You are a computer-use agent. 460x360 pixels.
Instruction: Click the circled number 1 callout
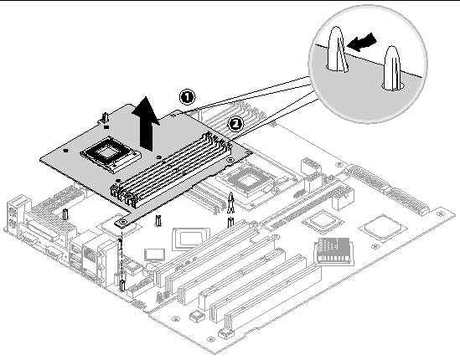187,97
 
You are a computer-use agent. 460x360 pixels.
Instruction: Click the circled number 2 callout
235,124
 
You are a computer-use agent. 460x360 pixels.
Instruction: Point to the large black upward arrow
146,123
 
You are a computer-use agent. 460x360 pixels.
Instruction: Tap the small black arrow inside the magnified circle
361,42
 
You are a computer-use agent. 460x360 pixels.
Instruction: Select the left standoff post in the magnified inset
338,49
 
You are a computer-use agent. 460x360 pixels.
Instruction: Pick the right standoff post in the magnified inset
392,68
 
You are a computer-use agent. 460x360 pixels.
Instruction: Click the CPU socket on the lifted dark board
110,154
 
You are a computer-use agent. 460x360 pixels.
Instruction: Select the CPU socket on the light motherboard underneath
248,180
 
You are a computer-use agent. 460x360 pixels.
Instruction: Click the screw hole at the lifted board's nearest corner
123,222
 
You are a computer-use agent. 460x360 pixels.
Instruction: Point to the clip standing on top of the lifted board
105,118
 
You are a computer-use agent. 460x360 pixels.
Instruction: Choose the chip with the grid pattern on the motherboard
333,250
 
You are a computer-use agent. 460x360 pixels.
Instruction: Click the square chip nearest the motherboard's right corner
382,228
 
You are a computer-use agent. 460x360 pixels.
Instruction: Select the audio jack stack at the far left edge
13,213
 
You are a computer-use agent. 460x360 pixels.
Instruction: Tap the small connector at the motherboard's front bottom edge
226,333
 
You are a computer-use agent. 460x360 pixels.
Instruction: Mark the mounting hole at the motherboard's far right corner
440,213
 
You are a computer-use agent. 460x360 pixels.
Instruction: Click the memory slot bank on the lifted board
170,170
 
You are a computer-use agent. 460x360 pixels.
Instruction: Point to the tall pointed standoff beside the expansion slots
231,203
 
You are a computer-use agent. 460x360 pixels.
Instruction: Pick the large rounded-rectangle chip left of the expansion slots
191,238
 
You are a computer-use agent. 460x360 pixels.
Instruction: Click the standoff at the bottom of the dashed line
122,285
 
